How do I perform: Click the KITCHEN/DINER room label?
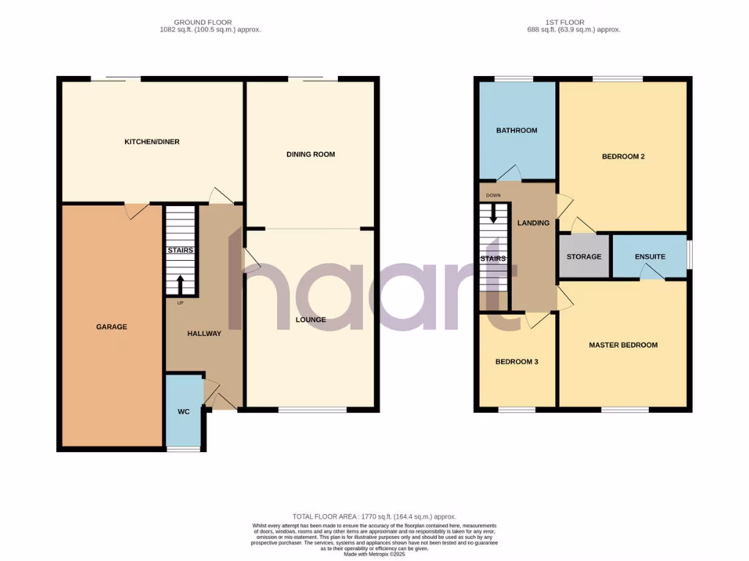pos(151,142)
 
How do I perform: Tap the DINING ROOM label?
pos(311,154)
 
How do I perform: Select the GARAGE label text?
pos(111,327)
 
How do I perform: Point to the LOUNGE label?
pos(311,319)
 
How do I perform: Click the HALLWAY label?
pos(204,334)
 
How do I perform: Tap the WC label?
pos(184,412)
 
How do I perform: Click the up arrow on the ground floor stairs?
pos(181,283)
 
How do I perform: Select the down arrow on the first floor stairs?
pos(494,213)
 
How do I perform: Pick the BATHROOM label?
pos(516,131)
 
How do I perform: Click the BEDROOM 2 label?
pos(622,156)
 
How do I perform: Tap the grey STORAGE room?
pos(584,256)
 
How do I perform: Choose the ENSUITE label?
pos(650,257)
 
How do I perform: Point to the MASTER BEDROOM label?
pos(623,346)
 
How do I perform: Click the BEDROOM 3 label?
pos(516,362)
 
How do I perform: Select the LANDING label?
pos(533,223)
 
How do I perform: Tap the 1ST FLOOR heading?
pos(573,23)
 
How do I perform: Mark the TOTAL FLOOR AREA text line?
pos(373,516)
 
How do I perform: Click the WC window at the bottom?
pos(184,449)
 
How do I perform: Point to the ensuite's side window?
pos(689,256)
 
